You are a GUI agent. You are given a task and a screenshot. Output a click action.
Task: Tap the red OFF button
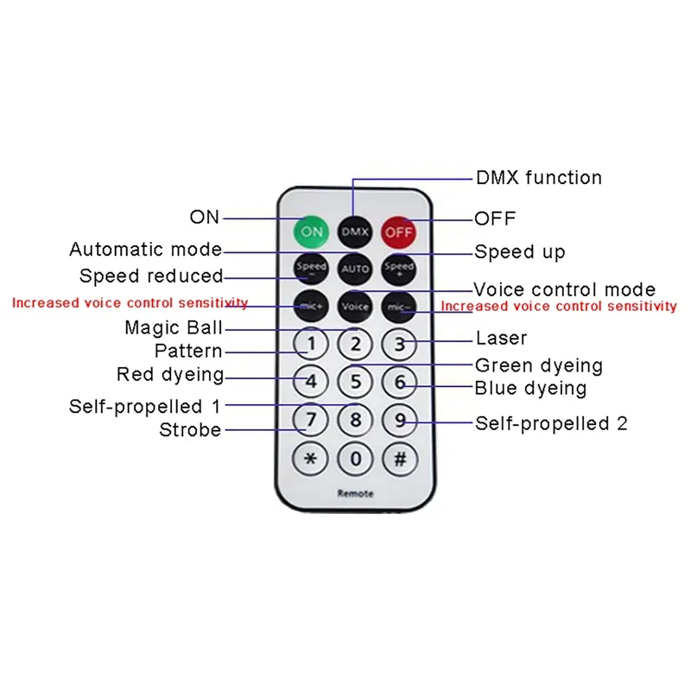coord(399,231)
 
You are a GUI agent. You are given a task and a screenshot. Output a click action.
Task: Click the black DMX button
coord(354,231)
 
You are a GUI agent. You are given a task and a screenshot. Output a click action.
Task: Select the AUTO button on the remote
coord(354,269)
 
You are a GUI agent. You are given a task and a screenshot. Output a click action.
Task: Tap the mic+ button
coord(311,306)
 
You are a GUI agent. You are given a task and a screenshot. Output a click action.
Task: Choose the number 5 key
coord(354,382)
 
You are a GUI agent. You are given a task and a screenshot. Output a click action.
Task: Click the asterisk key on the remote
coord(311,459)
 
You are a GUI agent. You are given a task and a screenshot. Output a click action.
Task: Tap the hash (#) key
coord(399,459)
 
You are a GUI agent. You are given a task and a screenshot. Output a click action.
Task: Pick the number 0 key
coord(354,459)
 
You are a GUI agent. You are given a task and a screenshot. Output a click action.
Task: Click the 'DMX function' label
coord(539,178)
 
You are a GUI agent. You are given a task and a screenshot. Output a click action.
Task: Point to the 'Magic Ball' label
coord(174,328)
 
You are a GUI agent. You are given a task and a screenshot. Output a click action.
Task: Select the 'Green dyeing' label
coord(539,365)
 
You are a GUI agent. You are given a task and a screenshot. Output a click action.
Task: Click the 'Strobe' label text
coord(190,429)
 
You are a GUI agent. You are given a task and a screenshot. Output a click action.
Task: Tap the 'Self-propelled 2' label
coord(551,423)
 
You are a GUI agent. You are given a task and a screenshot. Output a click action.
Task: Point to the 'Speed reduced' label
coord(151,276)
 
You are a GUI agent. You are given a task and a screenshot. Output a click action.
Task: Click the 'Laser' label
coord(501,339)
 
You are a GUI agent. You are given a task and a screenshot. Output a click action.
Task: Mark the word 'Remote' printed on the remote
coord(355,493)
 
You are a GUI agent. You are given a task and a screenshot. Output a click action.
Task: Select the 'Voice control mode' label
coord(564,289)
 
